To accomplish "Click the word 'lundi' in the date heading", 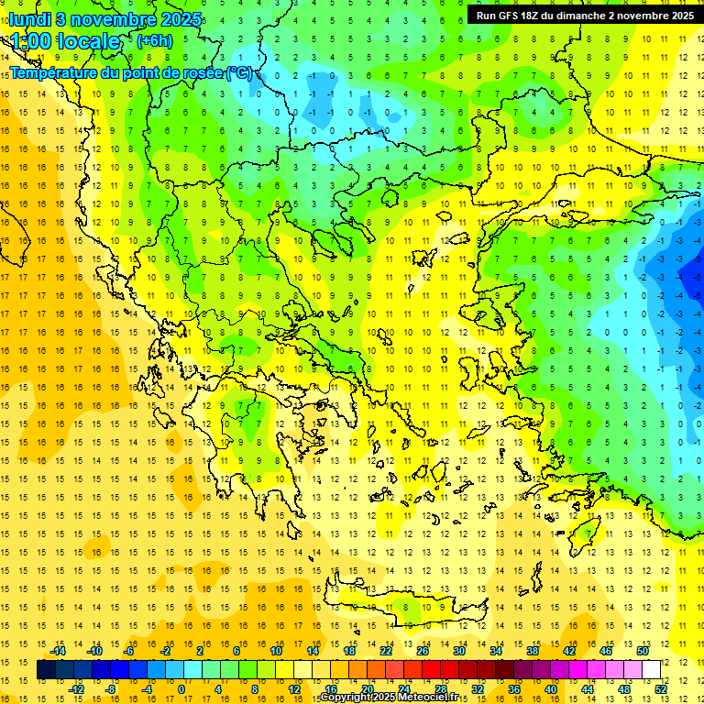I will click(x=29, y=18).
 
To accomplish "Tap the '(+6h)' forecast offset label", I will click(x=153, y=41).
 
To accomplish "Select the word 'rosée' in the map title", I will click(x=202, y=72).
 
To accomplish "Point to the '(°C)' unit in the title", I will click(x=238, y=72).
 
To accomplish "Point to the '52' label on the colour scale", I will click(x=661, y=688).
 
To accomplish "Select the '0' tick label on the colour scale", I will click(x=181, y=688).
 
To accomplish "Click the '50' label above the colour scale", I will click(x=643, y=651).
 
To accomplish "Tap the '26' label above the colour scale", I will click(x=423, y=651).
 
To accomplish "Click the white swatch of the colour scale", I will click(x=652, y=670).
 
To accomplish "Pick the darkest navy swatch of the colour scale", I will click(x=47, y=670).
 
